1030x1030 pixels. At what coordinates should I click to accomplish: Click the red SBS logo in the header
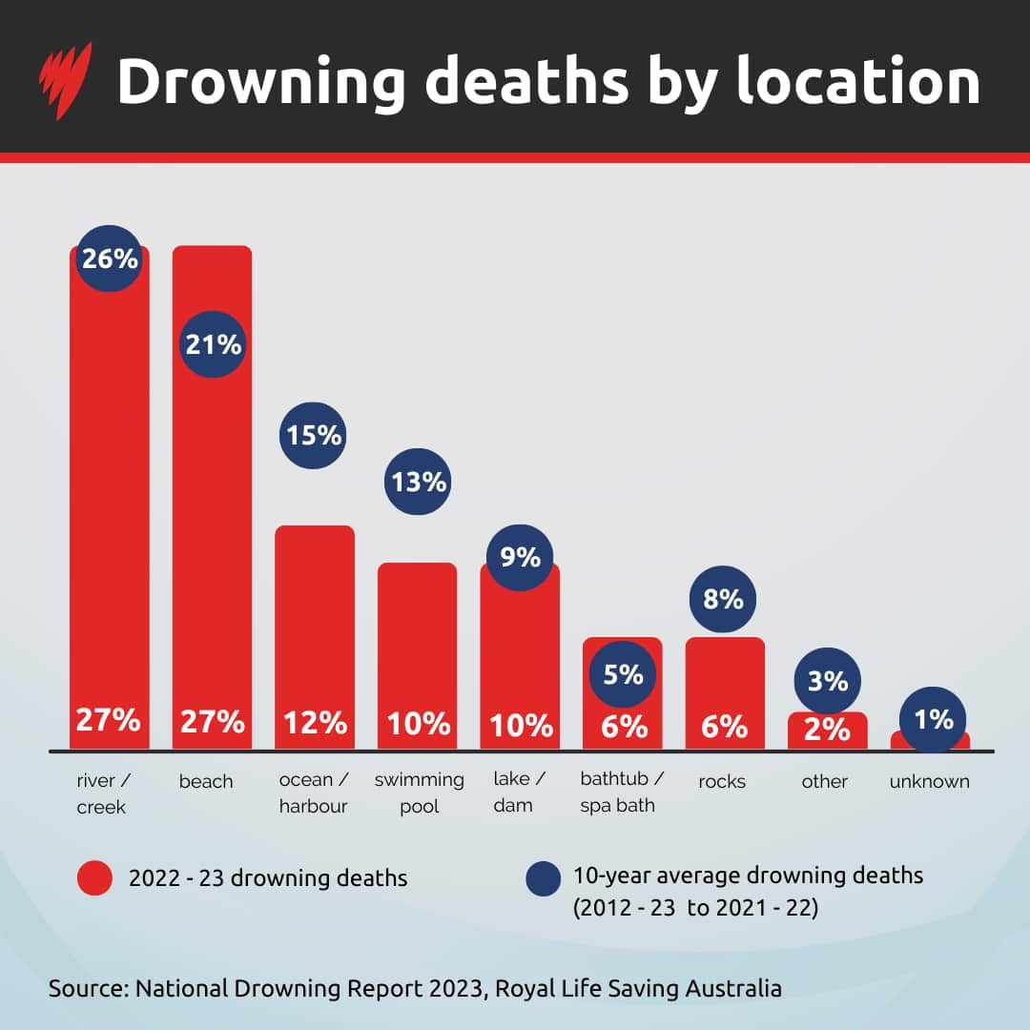65,80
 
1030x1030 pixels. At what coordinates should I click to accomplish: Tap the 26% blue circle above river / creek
110,258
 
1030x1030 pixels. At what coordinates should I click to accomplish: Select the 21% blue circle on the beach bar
213,344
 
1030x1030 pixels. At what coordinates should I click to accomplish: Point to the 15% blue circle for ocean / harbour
313,435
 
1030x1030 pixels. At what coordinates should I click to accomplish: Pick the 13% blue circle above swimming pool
418,482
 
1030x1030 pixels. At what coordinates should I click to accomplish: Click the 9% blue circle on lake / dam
520,557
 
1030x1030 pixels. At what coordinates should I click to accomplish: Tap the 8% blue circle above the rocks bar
723,599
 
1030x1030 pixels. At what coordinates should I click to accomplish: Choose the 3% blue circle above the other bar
827,681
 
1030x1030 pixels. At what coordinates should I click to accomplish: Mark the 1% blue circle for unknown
933,720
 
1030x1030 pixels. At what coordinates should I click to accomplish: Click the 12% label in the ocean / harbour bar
314,722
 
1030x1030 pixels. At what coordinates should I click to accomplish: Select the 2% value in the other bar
826,729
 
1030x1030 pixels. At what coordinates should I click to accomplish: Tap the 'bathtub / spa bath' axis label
622,793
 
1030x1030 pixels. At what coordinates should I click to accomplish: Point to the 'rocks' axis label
722,782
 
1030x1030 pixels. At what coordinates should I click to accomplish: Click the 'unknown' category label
929,782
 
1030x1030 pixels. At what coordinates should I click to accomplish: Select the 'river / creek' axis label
103,793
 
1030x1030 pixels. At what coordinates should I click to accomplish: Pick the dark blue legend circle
544,878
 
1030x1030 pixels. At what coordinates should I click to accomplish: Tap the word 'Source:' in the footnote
88,988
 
